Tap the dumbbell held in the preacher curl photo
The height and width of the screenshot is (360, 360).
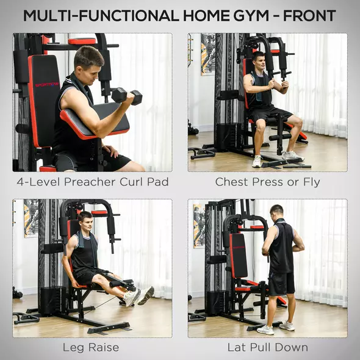pyautogui.click(x=127, y=96)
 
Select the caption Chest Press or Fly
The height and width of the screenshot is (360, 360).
pyautogui.click(x=267, y=182)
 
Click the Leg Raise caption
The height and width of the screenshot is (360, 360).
pyautogui.click(x=90, y=348)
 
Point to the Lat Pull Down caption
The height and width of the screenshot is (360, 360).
pyautogui.click(x=267, y=348)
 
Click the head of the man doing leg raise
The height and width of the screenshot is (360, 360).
pyautogui.click(x=85, y=220)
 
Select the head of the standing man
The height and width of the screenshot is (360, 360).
pyautogui.click(x=276, y=211)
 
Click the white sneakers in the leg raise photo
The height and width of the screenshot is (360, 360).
pyautogui.click(x=137, y=297)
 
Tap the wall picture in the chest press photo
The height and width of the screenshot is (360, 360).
pyautogui.click(x=208, y=54)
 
